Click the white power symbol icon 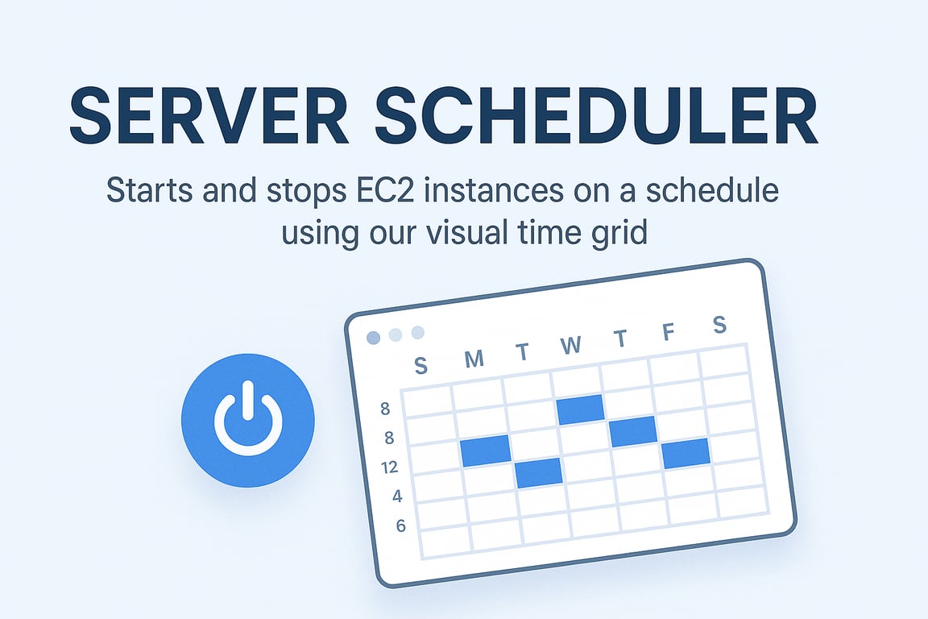[247, 417]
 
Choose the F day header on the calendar [668, 332]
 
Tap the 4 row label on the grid [397, 496]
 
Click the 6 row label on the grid [400, 526]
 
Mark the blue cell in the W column [580, 409]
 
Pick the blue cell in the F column [686, 452]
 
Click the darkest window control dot [373, 337]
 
